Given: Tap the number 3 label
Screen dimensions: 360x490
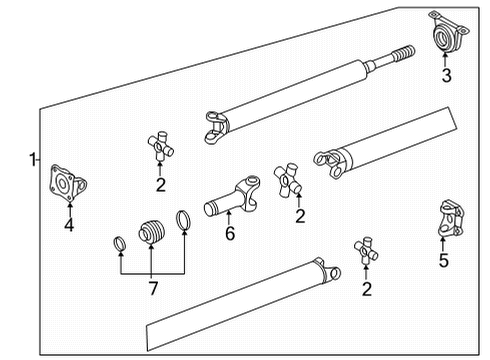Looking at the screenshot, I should pos(447,74).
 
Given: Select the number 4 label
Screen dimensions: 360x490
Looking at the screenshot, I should pos(68,226).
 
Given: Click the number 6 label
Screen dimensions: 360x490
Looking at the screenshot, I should pos(229,235).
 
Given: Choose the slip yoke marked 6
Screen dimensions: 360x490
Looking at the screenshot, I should pos(234,197).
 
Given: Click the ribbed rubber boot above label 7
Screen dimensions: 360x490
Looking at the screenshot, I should pos(151,230).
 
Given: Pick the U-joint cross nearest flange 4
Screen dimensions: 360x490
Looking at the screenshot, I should pos(159,146).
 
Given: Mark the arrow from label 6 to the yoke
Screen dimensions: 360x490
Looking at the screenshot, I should pos(229,219).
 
